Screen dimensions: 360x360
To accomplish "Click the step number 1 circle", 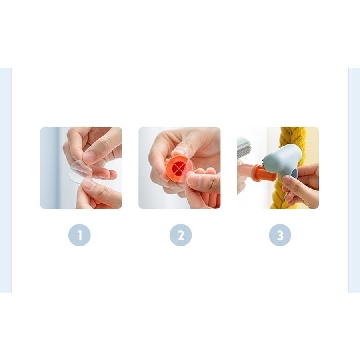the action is coord(80,235).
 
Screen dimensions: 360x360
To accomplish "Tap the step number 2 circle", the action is coord(180,235).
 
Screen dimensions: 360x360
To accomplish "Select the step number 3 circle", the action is coord(280,235).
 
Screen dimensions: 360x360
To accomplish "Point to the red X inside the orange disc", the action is coord(180,169).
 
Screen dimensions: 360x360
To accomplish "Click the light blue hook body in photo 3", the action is coord(282,161).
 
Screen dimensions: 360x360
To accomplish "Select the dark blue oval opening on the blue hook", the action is coord(294,172).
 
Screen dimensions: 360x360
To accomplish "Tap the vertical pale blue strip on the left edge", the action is coord(6,180).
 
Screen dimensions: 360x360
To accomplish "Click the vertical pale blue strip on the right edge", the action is coord(354,180).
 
